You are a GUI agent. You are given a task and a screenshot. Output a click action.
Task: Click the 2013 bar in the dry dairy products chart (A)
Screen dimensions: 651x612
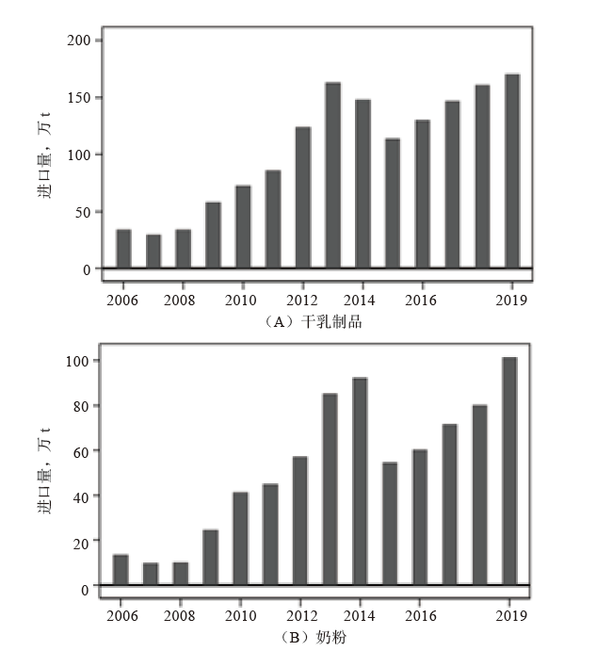click(x=332, y=175)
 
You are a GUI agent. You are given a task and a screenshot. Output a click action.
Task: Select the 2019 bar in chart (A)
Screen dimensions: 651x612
click(x=512, y=171)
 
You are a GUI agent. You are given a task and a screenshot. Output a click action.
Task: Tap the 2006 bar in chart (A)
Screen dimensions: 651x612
click(x=123, y=249)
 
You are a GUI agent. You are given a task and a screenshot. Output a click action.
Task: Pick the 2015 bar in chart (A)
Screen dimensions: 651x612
click(x=393, y=203)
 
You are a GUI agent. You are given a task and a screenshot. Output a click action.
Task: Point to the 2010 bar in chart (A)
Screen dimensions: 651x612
click(x=243, y=227)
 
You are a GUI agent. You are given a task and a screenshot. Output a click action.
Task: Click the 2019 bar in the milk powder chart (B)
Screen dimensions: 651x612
click(x=509, y=471)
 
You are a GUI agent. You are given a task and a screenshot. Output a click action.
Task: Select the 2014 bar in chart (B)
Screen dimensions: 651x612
click(x=360, y=481)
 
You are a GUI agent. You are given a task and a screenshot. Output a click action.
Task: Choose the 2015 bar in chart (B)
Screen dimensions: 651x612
click(x=390, y=524)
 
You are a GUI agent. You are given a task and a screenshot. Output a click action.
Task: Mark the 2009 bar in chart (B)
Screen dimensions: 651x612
click(x=210, y=558)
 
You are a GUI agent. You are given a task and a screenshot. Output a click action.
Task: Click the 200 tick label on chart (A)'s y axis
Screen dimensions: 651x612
click(x=79, y=41)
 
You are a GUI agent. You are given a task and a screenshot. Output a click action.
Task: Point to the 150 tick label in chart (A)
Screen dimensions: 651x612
click(x=79, y=98)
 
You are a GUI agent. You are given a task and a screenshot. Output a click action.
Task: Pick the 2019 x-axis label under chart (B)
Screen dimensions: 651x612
click(x=509, y=617)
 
